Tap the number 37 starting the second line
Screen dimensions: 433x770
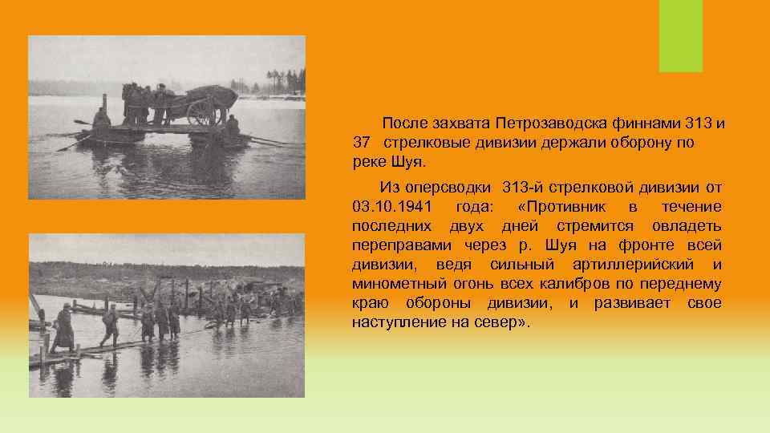point(361,143)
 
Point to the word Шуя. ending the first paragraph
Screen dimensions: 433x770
point(401,162)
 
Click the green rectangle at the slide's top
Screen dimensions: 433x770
point(680,36)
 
